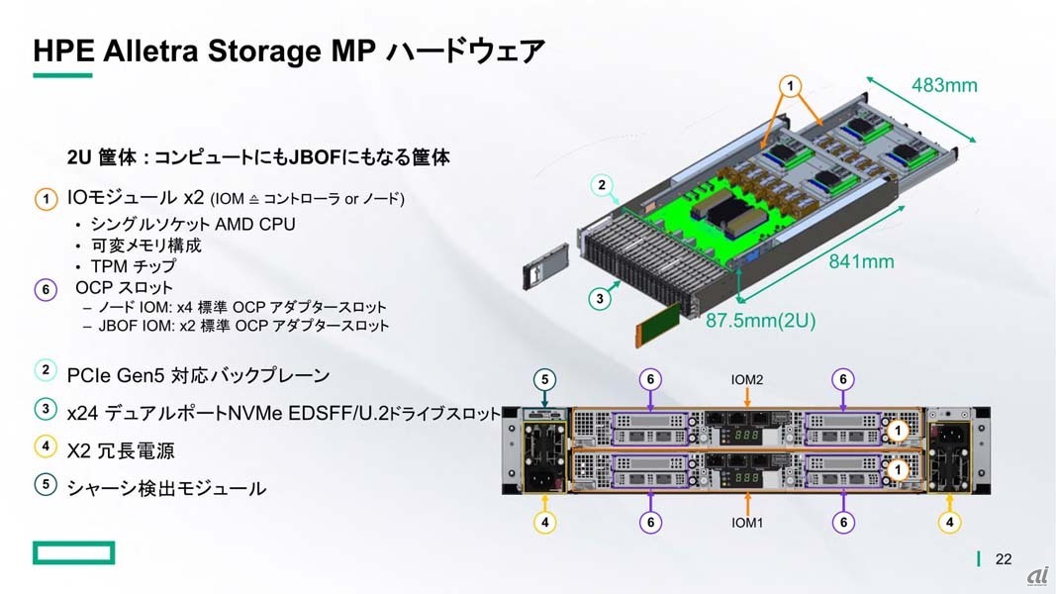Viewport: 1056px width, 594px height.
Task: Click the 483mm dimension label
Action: click(944, 85)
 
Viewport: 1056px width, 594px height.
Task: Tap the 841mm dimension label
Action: click(861, 261)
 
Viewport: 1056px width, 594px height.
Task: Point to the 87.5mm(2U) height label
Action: click(760, 320)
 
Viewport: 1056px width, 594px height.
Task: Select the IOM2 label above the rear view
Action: click(747, 380)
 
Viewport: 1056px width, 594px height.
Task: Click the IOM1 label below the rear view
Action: click(747, 523)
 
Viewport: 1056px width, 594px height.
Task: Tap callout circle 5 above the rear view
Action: click(545, 380)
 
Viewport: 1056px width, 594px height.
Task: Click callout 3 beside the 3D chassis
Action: click(600, 298)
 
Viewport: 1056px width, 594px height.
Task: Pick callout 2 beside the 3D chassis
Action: click(602, 185)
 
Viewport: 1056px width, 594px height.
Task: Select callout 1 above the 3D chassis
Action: click(790, 86)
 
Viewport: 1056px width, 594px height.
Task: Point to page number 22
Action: click(1004, 559)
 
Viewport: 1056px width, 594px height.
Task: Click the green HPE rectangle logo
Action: click(73, 553)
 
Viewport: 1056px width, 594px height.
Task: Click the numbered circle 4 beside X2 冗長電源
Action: click(46, 446)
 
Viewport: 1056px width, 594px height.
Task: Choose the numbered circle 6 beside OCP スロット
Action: click(46, 290)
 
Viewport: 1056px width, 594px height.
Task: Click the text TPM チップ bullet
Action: click(134, 266)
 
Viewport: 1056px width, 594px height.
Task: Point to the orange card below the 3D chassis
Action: click(658, 326)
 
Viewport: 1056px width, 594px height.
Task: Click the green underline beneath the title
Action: click(62, 75)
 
